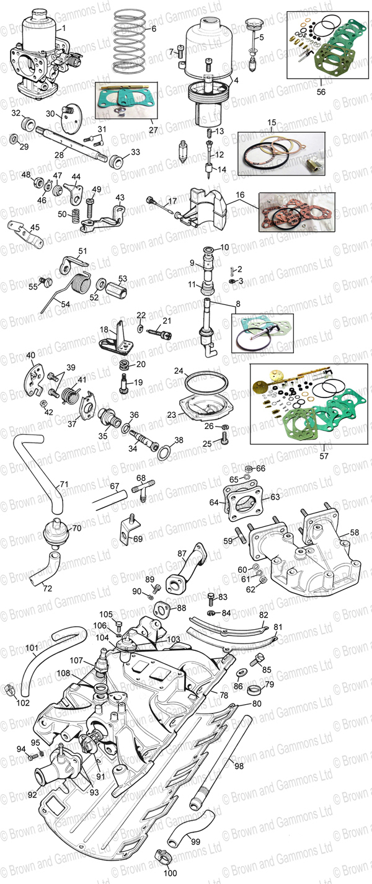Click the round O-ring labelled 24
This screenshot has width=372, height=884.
203,384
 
